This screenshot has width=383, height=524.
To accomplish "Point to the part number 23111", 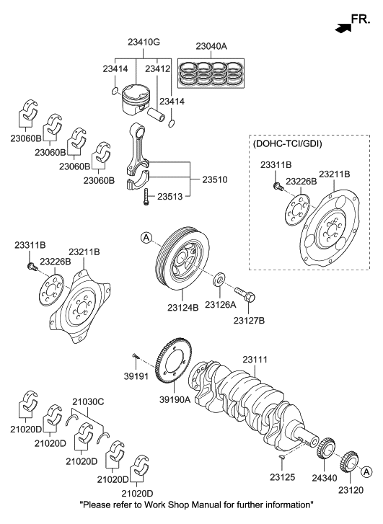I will [255, 359].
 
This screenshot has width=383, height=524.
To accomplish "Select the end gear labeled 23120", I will [349, 459].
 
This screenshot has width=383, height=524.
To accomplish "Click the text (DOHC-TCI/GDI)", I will [286, 143].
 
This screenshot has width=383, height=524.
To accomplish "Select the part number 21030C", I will [88, 401].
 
